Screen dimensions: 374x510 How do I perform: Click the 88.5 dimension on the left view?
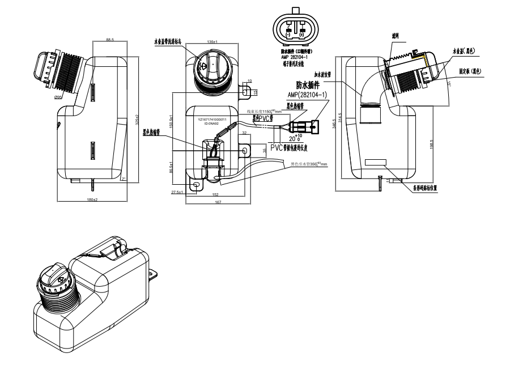pos(110,40)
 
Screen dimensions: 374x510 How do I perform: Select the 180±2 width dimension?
pos(92,200)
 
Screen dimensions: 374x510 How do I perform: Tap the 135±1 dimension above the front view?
pos(213,42)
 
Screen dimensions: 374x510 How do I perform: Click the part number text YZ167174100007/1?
pos(211,120)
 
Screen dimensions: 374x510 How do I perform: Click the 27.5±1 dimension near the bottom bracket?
pos(178,193)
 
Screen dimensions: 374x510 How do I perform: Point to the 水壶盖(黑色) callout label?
pos(464,50)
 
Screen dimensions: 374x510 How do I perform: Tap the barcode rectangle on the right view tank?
pos(376,162)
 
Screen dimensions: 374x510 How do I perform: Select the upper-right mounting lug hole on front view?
pos(246,90)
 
